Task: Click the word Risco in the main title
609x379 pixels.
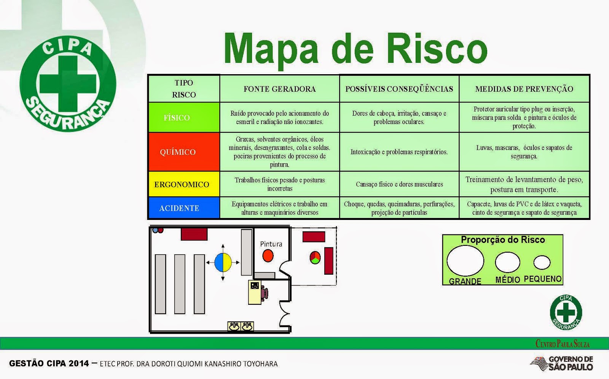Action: coord(437,48)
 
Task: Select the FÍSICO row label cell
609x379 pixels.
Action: coord(184,117)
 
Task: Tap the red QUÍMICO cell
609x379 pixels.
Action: coord(184,152)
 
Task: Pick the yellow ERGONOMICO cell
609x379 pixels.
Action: coord(184,184)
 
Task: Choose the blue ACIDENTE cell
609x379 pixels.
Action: coord(184,208)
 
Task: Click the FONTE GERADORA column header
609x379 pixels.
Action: coord(279,89)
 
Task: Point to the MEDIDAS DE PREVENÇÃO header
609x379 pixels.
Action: coord(524,89)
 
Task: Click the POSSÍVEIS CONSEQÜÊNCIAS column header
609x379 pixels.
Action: coord(399,89)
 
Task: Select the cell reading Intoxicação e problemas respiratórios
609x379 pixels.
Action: coord(399,152)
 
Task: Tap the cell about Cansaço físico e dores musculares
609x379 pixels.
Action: coord(399,184)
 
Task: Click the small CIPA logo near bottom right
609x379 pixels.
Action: coord(566,312)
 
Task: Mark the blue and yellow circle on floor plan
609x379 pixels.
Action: coord(223,262)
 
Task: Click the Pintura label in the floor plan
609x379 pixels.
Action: coord(271,244)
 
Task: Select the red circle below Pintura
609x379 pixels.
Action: coord(268,256)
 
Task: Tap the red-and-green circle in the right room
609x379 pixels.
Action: coord(315,258)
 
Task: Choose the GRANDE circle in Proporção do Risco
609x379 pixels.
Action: coord(465,261)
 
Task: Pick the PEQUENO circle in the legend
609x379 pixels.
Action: coord(542,262)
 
